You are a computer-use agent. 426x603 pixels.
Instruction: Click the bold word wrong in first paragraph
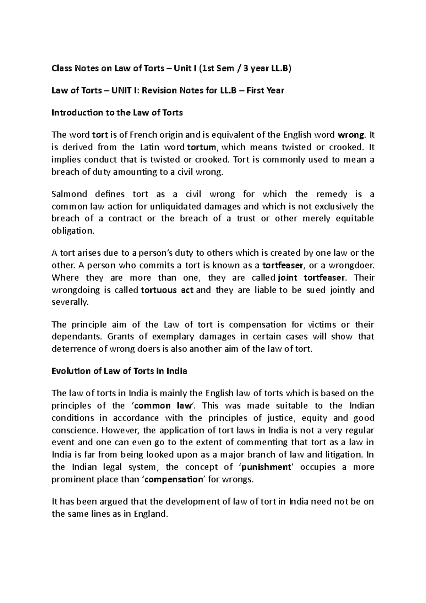351,135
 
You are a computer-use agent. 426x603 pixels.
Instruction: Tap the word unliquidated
173,207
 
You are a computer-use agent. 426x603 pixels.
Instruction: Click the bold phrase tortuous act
167,290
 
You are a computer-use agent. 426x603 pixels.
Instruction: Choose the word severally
69,302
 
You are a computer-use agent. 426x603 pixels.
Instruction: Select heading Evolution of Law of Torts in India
119,371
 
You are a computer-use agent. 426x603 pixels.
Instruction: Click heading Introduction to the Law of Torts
117,113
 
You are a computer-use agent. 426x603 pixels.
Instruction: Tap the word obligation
73,231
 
